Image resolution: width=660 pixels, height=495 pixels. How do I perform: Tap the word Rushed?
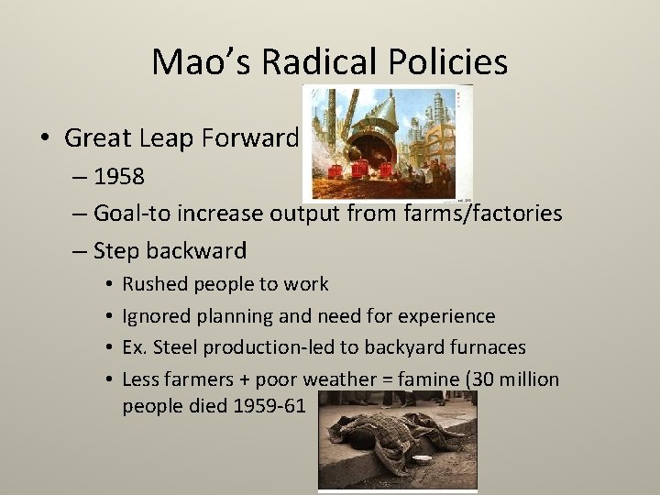[153, 284]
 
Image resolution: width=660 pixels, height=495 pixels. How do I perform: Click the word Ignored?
[155, 316]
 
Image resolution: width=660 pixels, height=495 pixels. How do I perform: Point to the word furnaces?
[488, 347]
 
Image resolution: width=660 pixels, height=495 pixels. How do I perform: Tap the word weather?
[351, 379]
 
